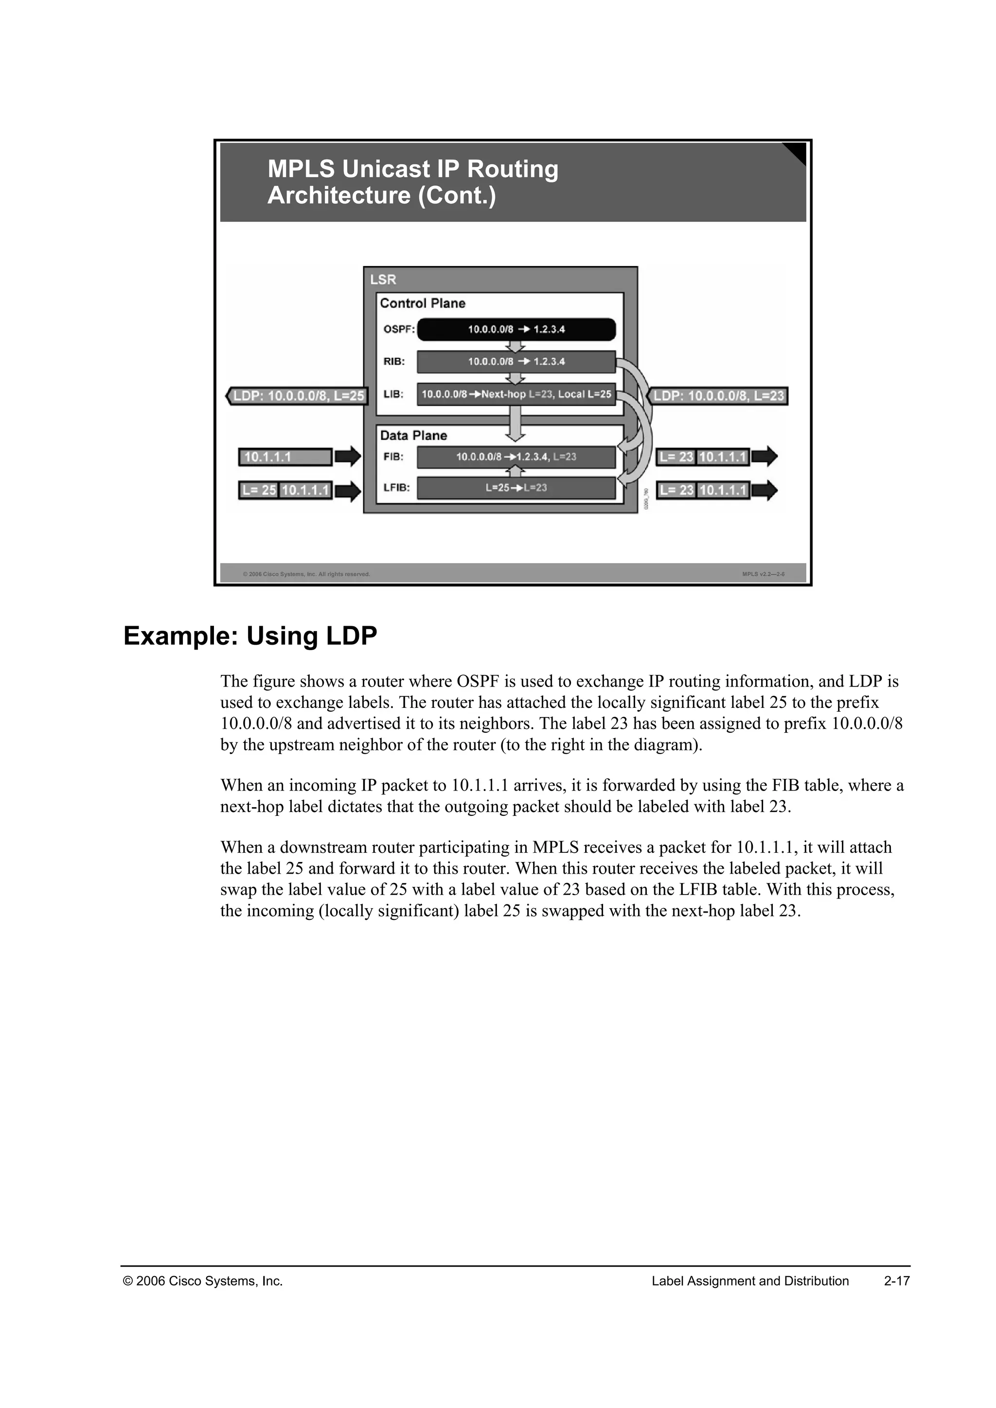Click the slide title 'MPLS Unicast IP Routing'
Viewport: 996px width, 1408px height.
413,169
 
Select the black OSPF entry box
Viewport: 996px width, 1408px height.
516,329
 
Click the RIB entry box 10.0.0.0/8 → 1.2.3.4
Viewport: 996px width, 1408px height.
516,362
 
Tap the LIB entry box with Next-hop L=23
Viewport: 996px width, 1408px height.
516,394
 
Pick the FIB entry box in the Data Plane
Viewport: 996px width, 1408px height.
516,457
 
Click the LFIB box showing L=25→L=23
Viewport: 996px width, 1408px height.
516,488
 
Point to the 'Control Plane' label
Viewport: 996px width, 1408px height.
423,303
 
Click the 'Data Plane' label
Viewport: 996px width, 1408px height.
413,436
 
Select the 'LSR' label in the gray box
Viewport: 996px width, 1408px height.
383,280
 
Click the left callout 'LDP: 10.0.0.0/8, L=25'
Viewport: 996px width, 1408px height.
298,396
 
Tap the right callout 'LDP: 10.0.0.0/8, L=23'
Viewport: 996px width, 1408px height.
718,396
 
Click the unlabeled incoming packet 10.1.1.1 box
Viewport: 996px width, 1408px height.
285,457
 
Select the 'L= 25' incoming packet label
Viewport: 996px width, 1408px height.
259,491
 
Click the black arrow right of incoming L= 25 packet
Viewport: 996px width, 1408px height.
348,491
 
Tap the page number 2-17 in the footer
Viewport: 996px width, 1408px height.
897,1281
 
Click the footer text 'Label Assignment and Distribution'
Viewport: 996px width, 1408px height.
750,1281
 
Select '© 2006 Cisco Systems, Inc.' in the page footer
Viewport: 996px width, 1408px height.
203,1281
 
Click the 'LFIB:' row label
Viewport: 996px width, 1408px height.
397,488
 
